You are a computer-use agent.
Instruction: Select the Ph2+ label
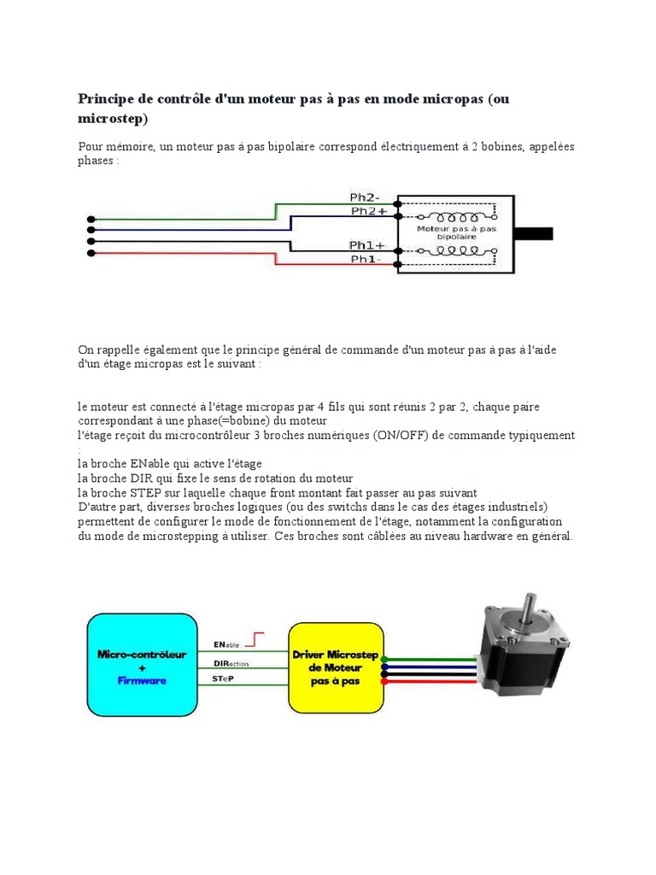(x=368, y=210)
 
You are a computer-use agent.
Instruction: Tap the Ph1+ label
(x=367, y=244)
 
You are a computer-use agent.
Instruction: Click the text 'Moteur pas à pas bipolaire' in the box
(x=456, y=232)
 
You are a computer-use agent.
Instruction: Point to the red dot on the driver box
(x=385, y=682)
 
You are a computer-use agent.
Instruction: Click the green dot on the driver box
(x=385, y=659)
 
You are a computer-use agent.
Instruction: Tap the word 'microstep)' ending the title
(x=113, y=117)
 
